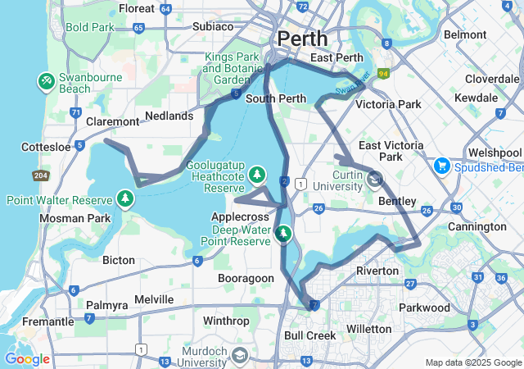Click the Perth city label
point(302,39)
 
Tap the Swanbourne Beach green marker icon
point(46,81)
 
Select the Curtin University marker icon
point(375,178)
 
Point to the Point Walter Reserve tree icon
point(125,199)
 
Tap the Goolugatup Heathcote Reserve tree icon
point(257,175)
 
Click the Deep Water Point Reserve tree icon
point(283,235)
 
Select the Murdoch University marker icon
point(239,355)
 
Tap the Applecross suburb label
point(240,216)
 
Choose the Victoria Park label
point(387,105)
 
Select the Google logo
point(27,358)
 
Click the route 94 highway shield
point(383,73)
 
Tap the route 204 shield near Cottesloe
point(39,175)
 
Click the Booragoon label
point(246,278)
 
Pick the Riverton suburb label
point(377,271)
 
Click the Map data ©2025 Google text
point(472,362)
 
